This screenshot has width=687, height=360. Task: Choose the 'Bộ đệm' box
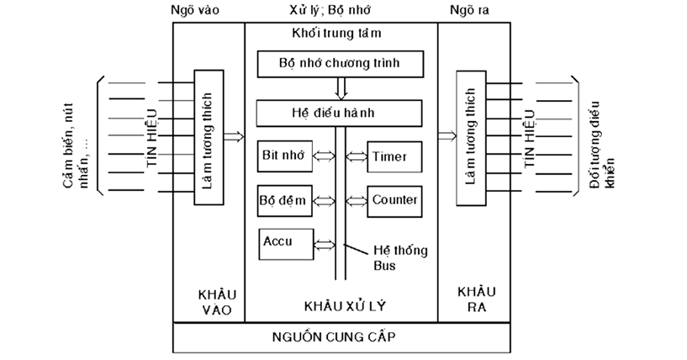tap(283, 200)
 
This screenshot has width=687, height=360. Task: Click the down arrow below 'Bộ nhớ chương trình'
tap(341, 87)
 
